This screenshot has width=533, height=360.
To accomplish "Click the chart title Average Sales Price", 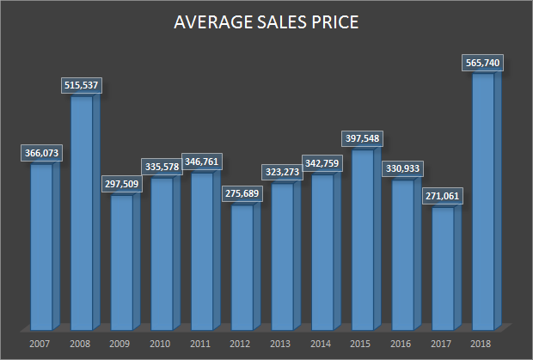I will [x=266, y=23].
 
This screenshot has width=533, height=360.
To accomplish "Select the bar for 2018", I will [x=483, y=201].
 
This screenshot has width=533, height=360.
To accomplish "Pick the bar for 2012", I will [x=242, y=267].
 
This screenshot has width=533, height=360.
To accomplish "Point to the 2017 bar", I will [x=443, y=269].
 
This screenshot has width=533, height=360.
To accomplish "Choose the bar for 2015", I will [x=363, y=240].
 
